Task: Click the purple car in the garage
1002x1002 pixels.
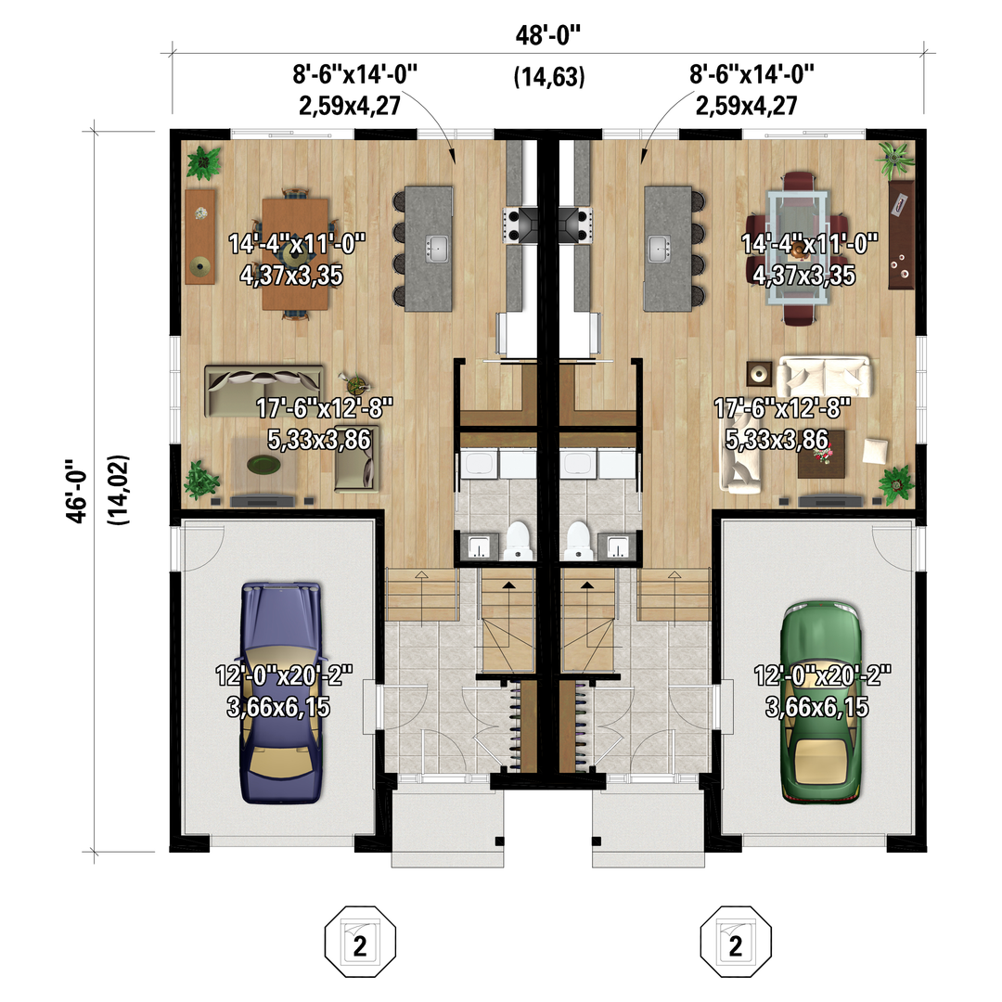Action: tap(281, 692)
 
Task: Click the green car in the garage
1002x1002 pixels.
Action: tap(821, 700)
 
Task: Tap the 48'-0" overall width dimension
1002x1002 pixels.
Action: tap(548, 35)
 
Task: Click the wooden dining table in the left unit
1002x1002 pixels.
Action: tap(295, 253)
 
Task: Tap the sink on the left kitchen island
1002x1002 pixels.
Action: tap(438, 249)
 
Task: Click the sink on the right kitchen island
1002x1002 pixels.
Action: tap(659, 249)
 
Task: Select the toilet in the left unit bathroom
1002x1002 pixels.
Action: tap(518, 541)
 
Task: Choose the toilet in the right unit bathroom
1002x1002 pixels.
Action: tap(578, 541)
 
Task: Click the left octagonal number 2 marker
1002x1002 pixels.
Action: tap(360, 942)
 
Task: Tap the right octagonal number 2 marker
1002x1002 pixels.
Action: tap(736, 942)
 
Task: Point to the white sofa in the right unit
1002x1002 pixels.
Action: tap(824, 377)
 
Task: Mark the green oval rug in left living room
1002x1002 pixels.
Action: tap(263, 465)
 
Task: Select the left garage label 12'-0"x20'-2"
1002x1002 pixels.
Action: tap(284, 675)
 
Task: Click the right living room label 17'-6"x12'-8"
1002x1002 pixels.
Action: tap(782, 407)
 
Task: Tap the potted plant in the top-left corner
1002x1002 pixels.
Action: tap(203, 161)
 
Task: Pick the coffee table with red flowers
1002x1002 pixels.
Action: tap(821, 455)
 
